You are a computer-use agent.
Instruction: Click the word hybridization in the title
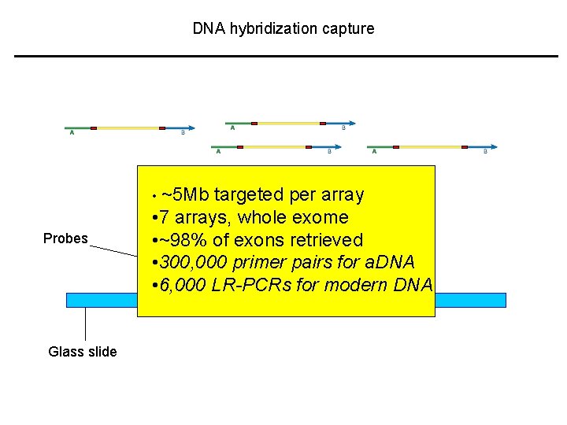coord(269,29)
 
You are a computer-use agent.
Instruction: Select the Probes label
coord(65,238)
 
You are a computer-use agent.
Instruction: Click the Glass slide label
coord(82,352)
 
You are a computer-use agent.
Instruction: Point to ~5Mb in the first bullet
coord(185,194)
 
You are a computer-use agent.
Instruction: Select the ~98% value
coord(183,240)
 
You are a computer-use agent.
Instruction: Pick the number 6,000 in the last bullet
coord(183,285)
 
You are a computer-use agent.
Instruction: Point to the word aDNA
coord(388,262)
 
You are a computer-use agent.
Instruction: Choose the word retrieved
coord(324,240)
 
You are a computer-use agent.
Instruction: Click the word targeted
coord(250,194)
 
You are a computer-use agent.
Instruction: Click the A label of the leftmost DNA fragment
coord(72,133)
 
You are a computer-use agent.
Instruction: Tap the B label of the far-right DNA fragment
coord(485,152)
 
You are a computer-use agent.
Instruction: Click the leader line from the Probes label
coord(113,250)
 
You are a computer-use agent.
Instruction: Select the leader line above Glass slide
coord(85,323)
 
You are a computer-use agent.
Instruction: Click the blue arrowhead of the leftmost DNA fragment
coord(191,128)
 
